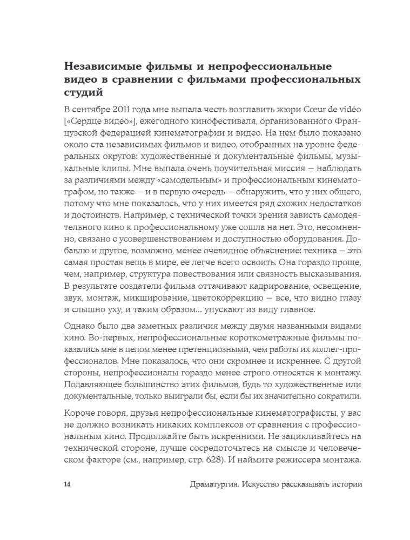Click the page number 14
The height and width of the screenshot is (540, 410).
click(67, 484)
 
